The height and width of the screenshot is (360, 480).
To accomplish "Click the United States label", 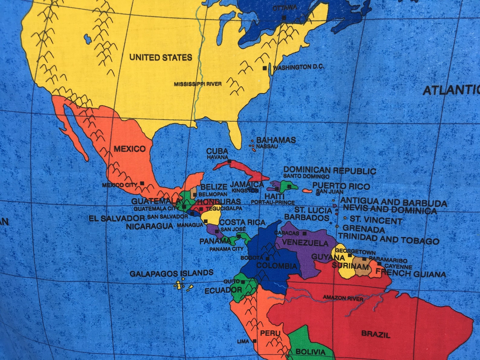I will coord(161,57).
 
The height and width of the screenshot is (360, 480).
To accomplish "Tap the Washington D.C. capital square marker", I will coord(265,68).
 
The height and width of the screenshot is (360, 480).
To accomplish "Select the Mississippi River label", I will coord(197,84).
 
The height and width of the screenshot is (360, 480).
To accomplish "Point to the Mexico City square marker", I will coord(142,183).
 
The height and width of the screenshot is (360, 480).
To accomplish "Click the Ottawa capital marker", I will coord(284,18).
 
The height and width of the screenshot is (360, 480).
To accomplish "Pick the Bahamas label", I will coord(276,140).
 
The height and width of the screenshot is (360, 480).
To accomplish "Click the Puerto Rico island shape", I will coord(307,191).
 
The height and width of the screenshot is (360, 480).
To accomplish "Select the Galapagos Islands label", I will coord(171,274).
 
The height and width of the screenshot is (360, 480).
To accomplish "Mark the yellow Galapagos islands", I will coord(179,285).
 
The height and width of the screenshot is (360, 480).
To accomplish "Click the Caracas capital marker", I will coord(304,233).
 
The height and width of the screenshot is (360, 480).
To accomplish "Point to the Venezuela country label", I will coord(305,243).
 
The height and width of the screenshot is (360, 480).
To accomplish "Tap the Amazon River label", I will coord(343,298).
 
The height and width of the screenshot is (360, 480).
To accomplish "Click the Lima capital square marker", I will coord(255,341).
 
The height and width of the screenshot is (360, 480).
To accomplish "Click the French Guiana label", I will coord(410,274).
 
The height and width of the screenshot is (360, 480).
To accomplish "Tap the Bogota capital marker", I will coord(268,258).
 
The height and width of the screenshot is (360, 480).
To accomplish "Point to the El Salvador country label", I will coord(117,218).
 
